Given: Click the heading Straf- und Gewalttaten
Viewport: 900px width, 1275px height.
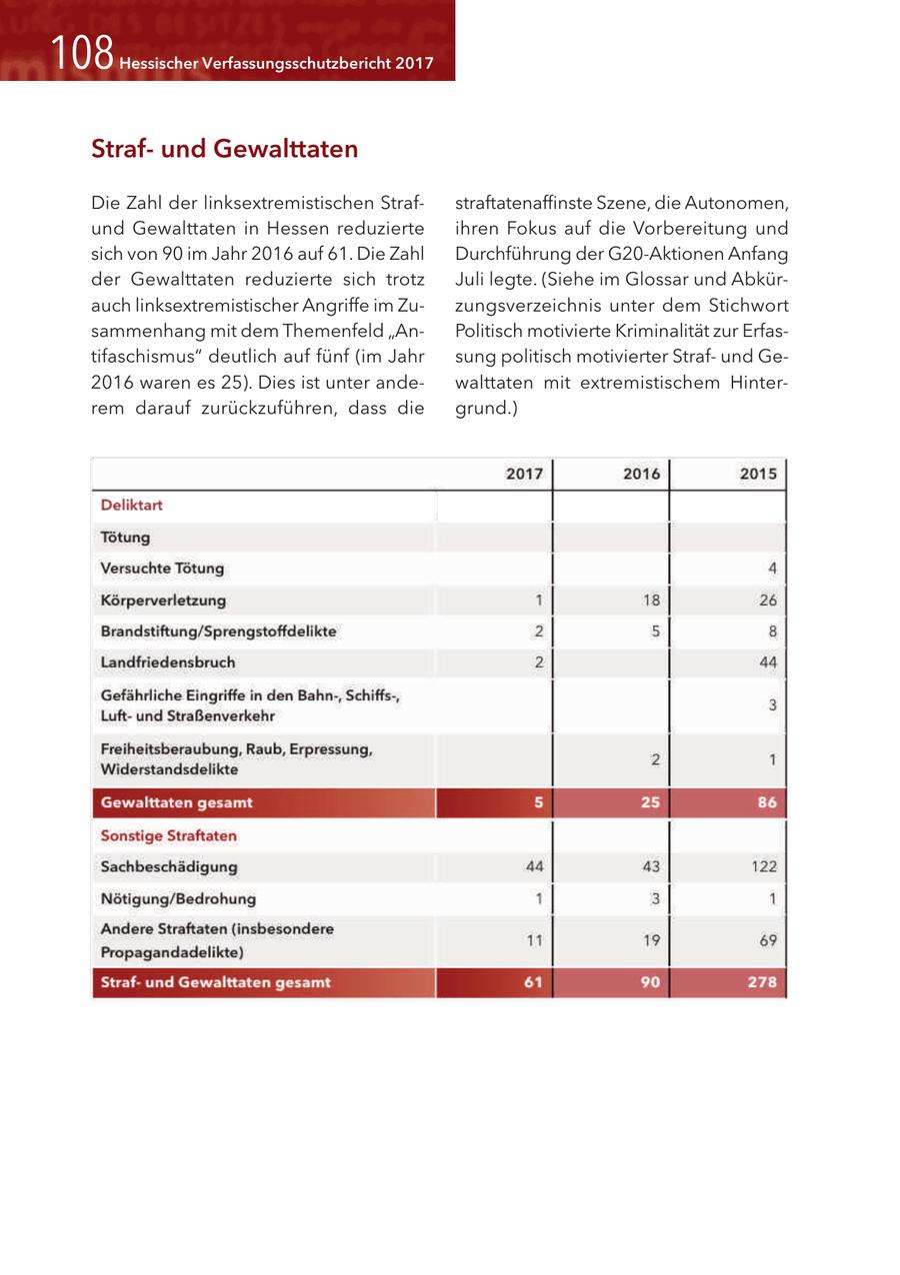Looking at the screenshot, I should [224, 150].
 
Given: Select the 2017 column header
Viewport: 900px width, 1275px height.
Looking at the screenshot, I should [524, 474].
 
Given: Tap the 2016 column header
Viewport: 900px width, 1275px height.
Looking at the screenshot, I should [641, 474].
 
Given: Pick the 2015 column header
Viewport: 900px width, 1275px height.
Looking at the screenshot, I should [758, 474].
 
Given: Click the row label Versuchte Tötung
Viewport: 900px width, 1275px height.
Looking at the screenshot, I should [163, 569].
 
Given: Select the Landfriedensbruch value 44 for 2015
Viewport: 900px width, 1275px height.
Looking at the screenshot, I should [767, 661].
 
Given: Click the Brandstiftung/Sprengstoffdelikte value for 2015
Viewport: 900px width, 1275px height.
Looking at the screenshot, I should [772, 632].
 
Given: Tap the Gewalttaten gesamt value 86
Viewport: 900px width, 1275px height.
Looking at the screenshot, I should [766, 802].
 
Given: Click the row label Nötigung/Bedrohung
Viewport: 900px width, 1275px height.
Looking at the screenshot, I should [178, 898].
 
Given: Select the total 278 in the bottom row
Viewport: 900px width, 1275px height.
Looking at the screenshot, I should [762, 982].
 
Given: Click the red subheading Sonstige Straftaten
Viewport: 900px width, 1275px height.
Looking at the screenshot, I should [169, 835].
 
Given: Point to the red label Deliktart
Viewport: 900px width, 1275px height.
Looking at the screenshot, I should [132, 506].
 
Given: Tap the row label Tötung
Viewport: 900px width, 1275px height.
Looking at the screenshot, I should [126, 538].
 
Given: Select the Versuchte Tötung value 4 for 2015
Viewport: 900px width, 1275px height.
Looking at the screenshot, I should [772, 569].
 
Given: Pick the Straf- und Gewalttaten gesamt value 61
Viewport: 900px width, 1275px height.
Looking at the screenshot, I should [532, 982].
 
